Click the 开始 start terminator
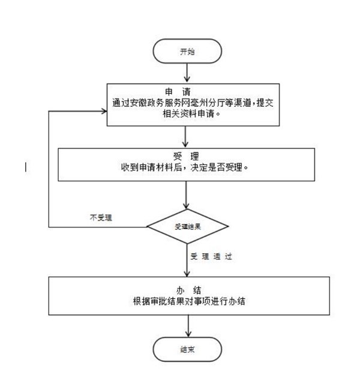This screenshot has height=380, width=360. click(188, 52)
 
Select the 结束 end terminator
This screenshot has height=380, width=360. click(188, 349)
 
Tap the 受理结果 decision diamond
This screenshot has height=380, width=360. click(188, 227)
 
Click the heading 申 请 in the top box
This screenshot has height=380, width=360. click(188, 92)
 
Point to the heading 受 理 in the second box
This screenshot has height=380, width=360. click(188, 158)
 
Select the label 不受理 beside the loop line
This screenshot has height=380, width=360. click(100, 217)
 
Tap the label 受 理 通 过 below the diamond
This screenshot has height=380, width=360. click(211, 256)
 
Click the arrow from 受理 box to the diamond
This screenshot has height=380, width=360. click(188, 196)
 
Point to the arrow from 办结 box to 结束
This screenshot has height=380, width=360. click(188, 326)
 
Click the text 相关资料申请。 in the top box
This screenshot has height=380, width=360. click(188, 113)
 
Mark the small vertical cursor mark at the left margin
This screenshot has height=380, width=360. click(25, 167)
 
